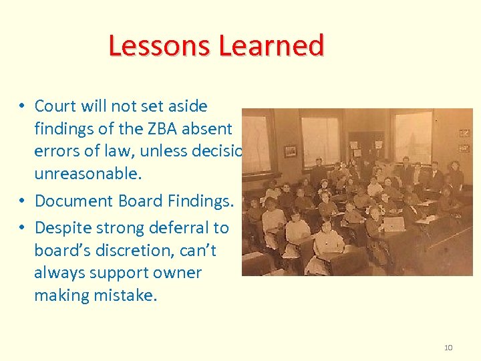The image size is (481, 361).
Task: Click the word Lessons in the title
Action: tap(154, 46)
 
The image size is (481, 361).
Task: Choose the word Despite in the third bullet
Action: tap(59, 227)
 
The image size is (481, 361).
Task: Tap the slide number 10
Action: tap(448, 348)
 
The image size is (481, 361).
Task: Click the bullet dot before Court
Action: tap(22, 106)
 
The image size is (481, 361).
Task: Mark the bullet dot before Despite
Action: tap(22, 228)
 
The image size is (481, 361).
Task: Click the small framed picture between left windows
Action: tap(290, 151)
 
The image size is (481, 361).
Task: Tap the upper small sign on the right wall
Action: tap(464, 133)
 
